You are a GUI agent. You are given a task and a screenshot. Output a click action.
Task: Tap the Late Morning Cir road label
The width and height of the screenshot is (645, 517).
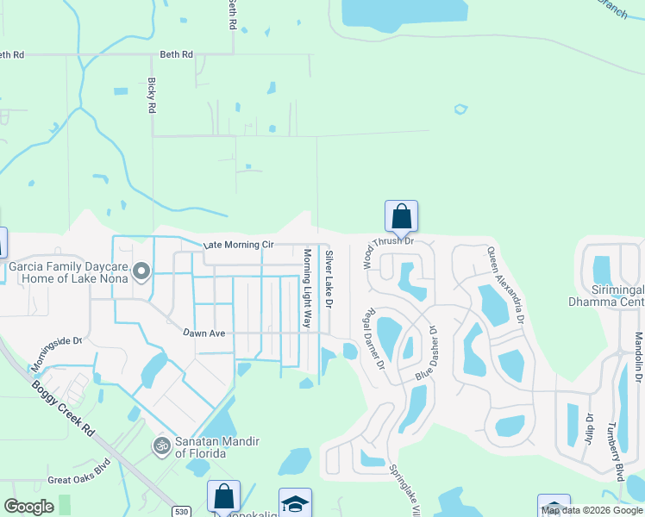coord(238,246)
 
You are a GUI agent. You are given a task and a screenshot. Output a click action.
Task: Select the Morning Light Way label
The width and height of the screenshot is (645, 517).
coord(306,288)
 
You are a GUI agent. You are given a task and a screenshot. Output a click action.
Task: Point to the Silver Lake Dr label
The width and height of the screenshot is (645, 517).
coord(329,279)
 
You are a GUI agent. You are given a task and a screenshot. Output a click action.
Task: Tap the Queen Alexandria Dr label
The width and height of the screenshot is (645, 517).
coord(505,284)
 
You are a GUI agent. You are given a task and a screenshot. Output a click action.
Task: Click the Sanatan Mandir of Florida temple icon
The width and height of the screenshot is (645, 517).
coord(159,445)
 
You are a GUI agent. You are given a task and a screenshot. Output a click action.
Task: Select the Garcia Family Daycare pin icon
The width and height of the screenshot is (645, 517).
coord(144,272)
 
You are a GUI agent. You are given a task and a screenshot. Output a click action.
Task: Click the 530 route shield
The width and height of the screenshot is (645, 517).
coord(180,511)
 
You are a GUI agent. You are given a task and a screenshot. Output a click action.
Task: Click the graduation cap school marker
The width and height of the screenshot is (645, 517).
coord(295,502)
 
